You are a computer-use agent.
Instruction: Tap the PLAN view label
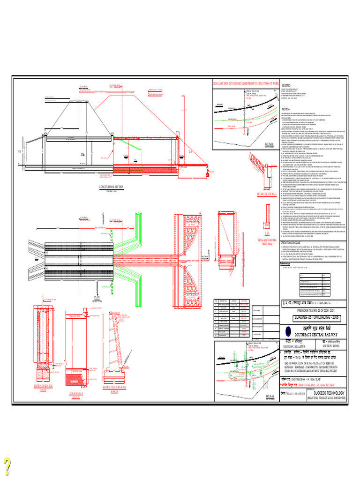coord(97,297)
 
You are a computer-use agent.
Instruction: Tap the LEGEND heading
coord(285,85)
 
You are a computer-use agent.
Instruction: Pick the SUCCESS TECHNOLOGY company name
coord(329,393)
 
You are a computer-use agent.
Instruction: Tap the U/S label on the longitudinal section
coord(20,138)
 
